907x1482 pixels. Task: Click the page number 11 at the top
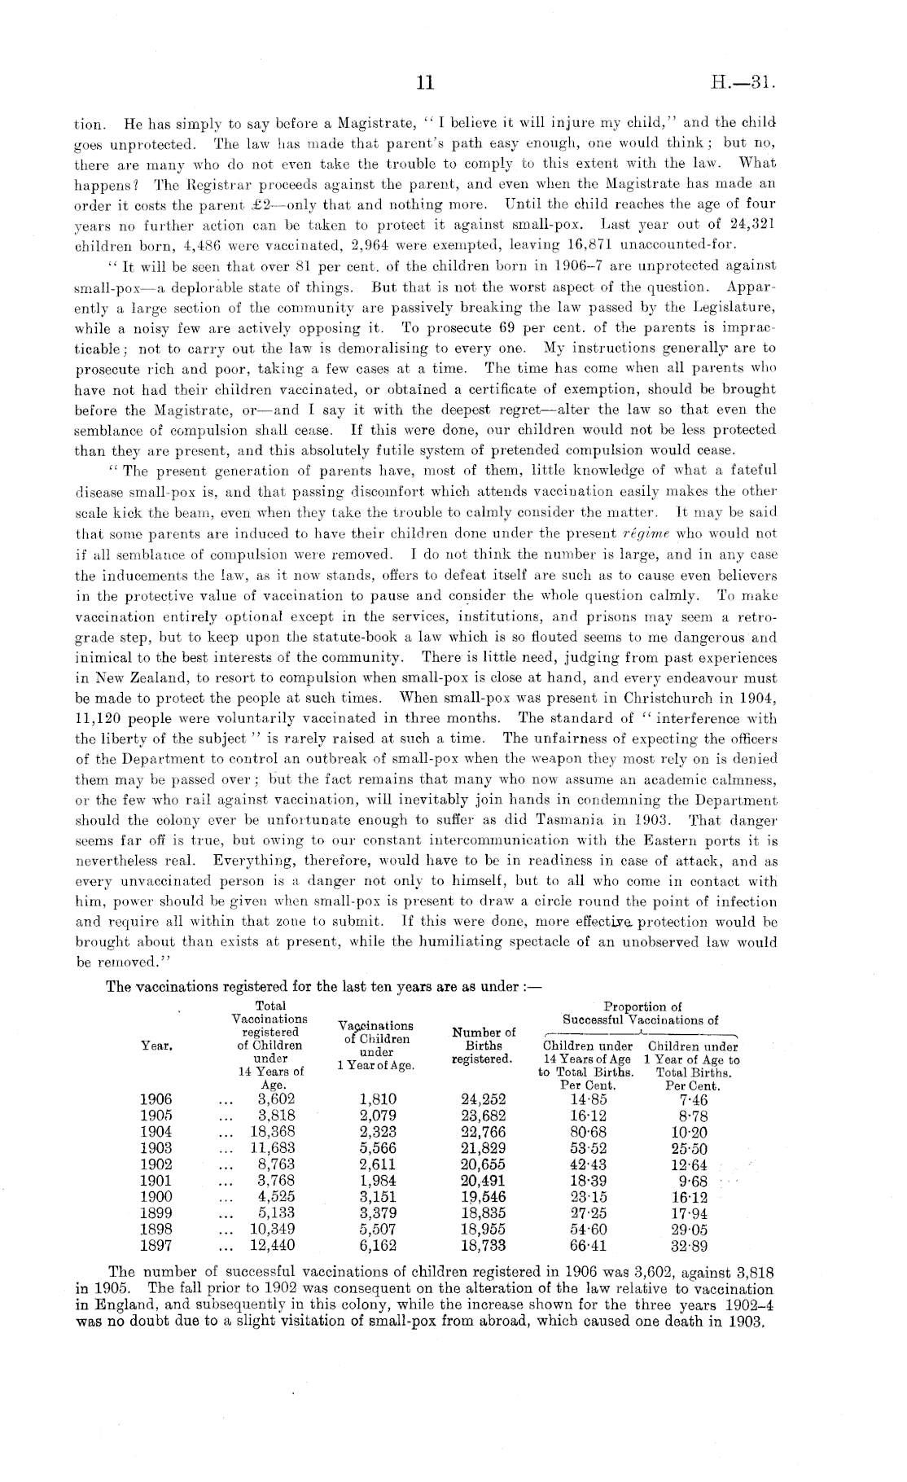tap(426, 82)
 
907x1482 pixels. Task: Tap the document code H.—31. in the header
tap(745, 82)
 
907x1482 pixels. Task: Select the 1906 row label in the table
tap(155, 1099)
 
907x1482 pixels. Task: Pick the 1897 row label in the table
tap(155, 1245)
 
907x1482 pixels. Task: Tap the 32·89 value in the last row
tap(689, 1245)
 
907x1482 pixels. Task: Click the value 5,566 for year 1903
tap(377, 1148)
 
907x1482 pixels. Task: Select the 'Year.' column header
tap(156, 1046)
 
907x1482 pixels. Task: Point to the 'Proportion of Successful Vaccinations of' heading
tap(640, 1013)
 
